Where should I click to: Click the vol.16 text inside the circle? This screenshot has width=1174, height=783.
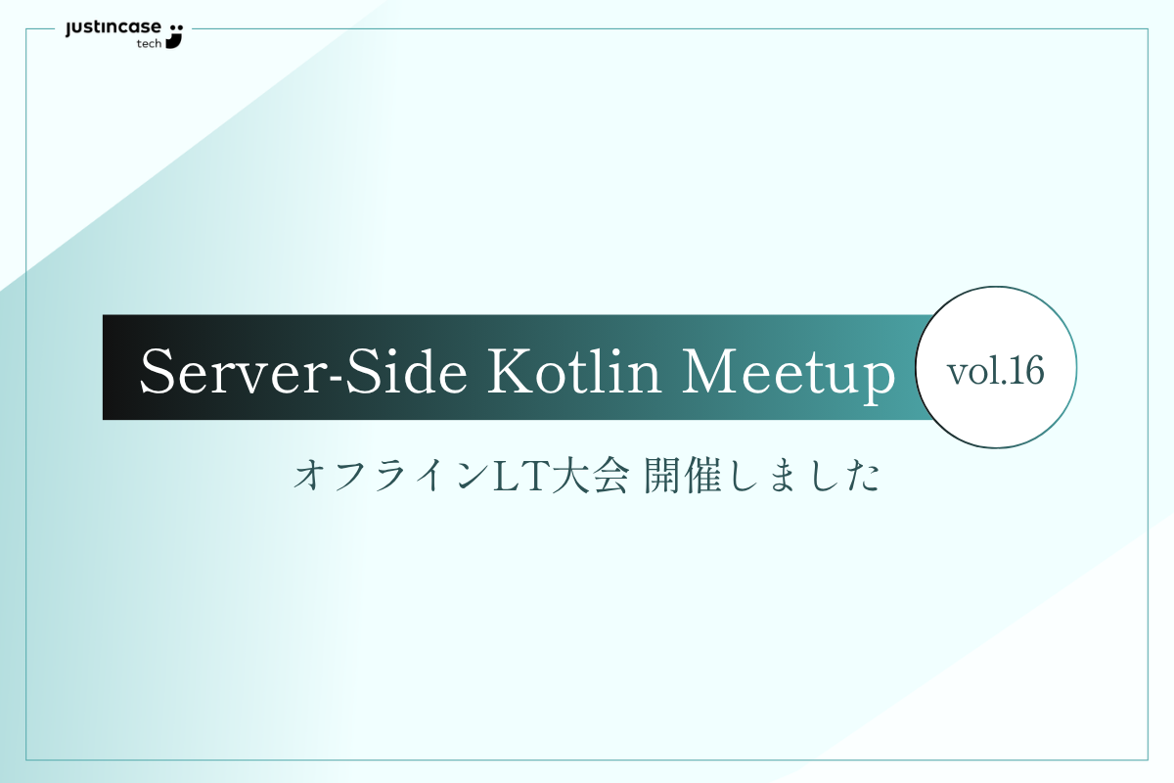[x=995, y=370]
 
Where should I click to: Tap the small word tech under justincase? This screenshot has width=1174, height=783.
[x=149, y=44]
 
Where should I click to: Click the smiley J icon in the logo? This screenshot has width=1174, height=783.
[x=175, y=34]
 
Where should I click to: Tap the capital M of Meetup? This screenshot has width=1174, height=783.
[x=709, y=370]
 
